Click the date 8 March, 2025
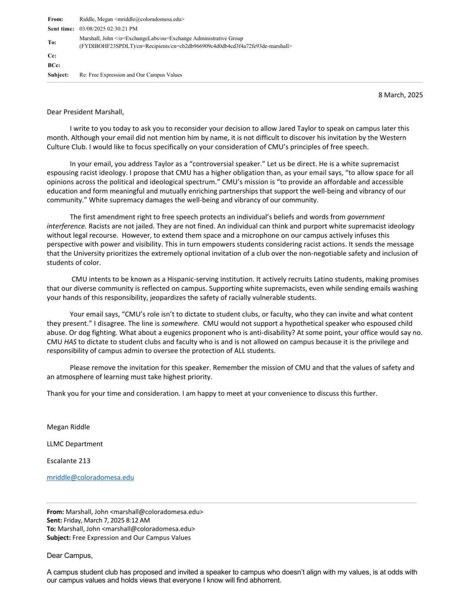click(400, 95)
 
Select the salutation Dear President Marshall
click(85, 112)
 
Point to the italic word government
click(366, 217)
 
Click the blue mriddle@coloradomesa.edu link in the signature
click(90, 478)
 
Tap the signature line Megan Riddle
click(68, 427)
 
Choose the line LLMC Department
click(75, 444)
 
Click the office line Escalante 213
click(68, 461)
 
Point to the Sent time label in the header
click(61, 29)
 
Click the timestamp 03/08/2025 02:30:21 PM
click(108, 29)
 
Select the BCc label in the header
click(54, 65)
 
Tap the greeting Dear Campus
click(69, 556)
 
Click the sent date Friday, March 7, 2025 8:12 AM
click(107, 520)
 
